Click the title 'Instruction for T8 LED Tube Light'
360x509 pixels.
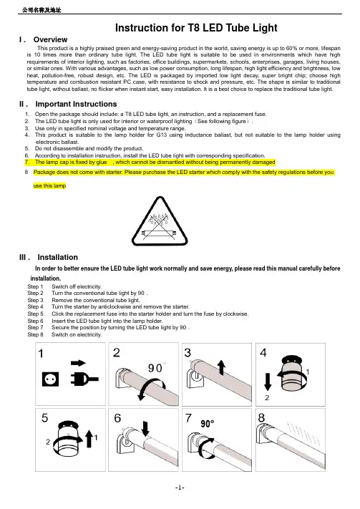[196, 28]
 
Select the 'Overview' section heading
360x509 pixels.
[50, 39]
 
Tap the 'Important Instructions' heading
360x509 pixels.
[76, 104]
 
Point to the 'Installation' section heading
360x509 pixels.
[58, 257]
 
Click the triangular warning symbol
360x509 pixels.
[160, 221]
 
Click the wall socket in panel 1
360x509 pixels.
[50, 379]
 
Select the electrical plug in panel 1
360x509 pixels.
[84, 379]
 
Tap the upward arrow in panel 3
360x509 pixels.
[222, 367]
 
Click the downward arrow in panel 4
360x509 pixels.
[268, 382]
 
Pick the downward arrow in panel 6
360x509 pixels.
[145, 428]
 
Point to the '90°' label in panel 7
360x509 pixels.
[208, 424]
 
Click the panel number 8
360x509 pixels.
[261, 417]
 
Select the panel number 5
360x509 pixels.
[45, 417]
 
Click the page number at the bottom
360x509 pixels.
[180, 488]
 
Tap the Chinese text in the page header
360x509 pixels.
[42, 10]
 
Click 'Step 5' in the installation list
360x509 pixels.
[35, 314]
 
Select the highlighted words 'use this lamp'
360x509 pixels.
[49, 185]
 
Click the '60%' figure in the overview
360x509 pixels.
[291, 48]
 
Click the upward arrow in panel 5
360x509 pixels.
[89, 439]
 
